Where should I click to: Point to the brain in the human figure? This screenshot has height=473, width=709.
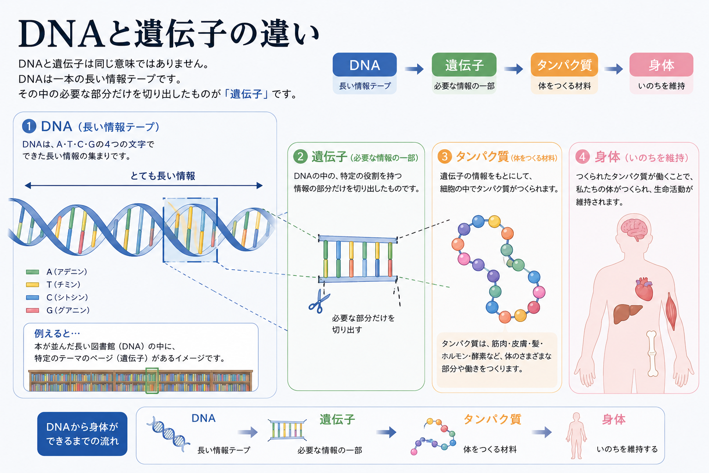pyautogui.click(x=633, y=229)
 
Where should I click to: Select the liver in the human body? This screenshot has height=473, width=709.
pyautogui.click(x=627, y=313)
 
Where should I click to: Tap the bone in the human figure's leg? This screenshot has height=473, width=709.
pyautogui.click(x=652, y=353)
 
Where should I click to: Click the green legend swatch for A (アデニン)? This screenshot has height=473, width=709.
pyautogui.click(x=32, y=272)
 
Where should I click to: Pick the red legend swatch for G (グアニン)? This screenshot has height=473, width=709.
pyautogui.click(x=32, y=310)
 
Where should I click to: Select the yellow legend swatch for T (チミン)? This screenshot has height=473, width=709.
pyautogui.click(x=32, y=285)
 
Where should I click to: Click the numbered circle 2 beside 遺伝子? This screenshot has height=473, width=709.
pyautogui.click(x=300, y=157)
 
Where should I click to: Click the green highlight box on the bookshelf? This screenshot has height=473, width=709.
pyautogui.click(x=152, y=380)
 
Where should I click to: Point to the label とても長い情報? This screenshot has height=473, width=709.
pyautogui.click(x=162, y=176)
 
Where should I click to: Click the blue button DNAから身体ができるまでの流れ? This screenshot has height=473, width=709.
pyautogui.click(x=82, y=434)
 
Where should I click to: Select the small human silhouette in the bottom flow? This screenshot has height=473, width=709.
pyautogui.click(x=577, y=436)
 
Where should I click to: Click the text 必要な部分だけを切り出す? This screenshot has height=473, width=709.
pyautogui.click(x=363, y=324)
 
